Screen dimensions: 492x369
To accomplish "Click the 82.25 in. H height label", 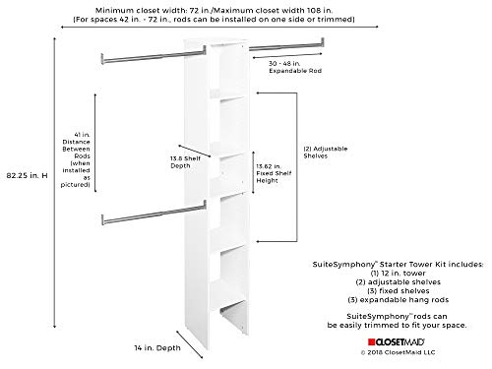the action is tap(28, 175).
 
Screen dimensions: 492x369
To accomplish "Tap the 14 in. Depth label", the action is tap(157, 348).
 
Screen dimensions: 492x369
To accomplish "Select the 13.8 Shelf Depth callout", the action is tap(185, 162).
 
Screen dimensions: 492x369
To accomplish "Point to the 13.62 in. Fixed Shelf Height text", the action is tap(274, 173).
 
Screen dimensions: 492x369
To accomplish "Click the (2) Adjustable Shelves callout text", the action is tap(326, 153).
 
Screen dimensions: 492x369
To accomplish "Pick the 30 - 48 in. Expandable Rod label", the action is tap(295, 67).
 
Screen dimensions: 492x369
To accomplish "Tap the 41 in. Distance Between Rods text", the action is tap(76, 159).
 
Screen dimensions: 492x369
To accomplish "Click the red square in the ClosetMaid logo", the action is tap(371, 342).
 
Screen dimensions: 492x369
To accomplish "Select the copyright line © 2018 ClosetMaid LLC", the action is tap(398, 352).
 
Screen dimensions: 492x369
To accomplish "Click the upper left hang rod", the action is tap(154, 55).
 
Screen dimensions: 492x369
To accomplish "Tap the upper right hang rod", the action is tap(286, 45).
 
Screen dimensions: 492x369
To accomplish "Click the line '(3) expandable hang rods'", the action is tap(398, 300).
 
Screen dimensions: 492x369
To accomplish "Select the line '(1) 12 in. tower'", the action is tap(398, 274).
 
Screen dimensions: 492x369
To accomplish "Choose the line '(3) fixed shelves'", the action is tap(398, 291).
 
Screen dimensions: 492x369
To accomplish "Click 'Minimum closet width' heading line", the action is tap(214, 11).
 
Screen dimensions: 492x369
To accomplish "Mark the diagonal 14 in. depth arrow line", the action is tap(190, 344).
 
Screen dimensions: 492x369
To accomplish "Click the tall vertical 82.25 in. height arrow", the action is tap(54, 183).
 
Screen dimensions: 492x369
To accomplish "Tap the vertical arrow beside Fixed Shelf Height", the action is tap(253, 172).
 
